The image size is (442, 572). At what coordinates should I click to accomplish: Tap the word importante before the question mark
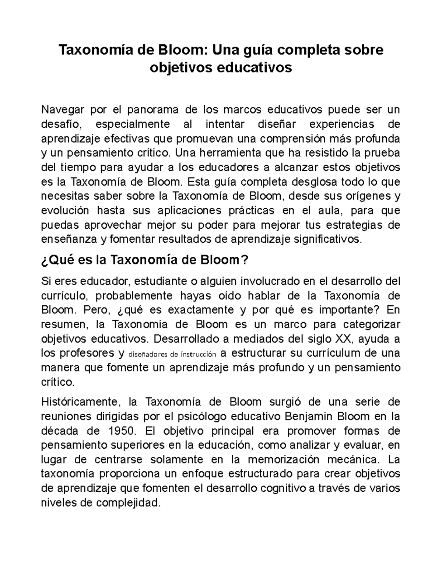(x=343, y=310)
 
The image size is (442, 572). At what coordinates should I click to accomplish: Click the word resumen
(x=64, y=324)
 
